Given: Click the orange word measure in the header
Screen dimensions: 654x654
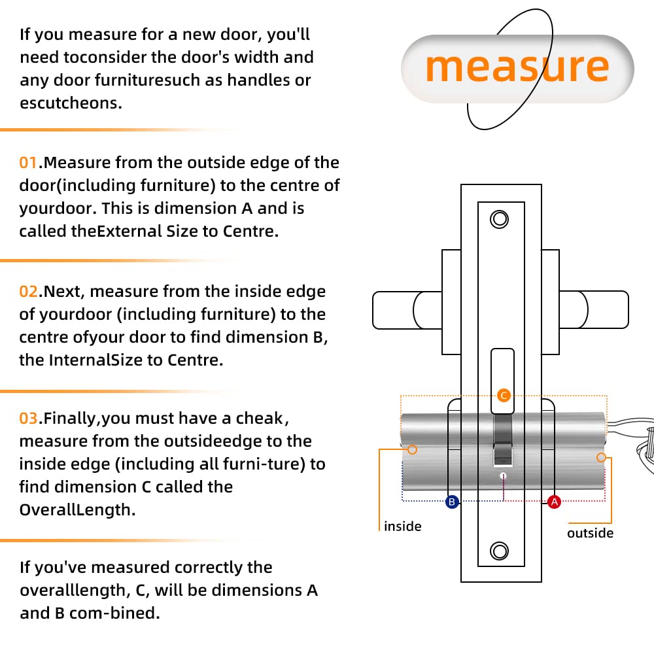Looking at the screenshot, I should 517,67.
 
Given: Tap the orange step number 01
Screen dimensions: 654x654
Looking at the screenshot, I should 28,163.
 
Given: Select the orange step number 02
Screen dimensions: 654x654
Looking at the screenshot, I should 28,291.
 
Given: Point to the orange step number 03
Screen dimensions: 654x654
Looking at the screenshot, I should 29,418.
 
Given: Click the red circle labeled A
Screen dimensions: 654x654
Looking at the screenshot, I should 554,502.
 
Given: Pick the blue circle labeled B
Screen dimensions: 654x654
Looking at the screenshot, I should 451,502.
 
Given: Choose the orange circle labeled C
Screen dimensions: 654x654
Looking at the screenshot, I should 503,395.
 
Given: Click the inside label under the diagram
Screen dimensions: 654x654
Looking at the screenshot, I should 403,526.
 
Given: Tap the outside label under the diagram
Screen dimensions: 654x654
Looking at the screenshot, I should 590,533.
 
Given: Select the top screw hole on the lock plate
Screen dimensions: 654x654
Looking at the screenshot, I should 500,219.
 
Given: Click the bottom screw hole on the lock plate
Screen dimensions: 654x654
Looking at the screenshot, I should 500,551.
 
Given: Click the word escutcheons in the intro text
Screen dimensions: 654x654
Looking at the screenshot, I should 71,103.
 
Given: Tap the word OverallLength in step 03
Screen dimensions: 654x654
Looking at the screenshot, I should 77,509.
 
